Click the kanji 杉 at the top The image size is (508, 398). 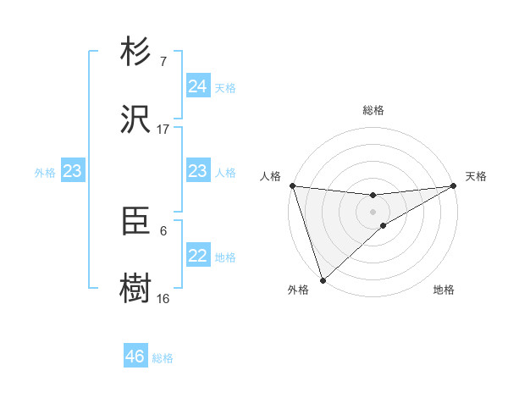(136, 53)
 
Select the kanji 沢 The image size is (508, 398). (136, 119)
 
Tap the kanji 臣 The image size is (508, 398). (136, 222)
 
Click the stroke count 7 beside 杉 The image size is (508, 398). (163, 62)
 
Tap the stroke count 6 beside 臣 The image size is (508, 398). (163, 230)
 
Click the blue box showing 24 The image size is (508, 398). (197, 86)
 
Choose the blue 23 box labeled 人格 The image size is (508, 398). (197, 171)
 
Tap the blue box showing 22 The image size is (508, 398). (197, 256)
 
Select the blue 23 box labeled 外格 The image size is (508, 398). (72, 171)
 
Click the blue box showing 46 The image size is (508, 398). (135, 357)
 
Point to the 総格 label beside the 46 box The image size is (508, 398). (163, 358)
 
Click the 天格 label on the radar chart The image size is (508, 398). (476, 176)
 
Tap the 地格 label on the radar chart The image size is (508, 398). (444, 290)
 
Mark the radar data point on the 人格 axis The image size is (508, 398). (292, 185)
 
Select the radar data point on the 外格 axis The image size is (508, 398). (323, 279)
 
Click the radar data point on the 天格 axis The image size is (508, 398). (454, 185)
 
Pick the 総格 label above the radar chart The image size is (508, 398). (373, 110)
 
